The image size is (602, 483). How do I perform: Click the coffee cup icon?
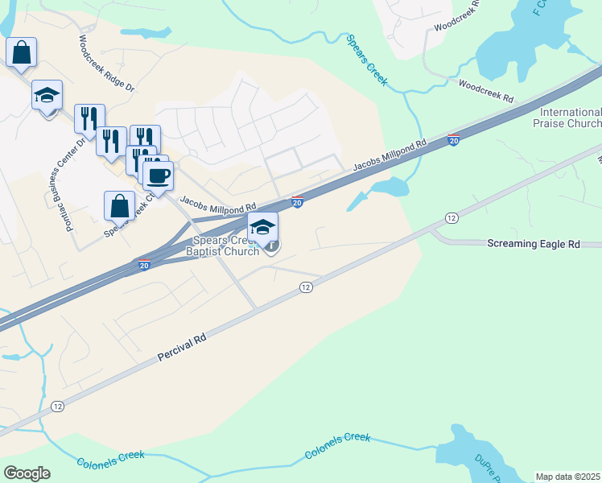pos(159,175)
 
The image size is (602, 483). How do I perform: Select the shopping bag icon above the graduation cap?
pos(21,52)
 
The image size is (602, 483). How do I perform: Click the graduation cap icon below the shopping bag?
pos(47,94)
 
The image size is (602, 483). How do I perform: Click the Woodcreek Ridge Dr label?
pos(106,63)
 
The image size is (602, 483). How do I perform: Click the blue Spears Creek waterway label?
pos(367,60)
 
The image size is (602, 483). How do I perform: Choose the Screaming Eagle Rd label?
pos(534,243)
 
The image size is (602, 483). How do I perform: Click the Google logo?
pos(27,473)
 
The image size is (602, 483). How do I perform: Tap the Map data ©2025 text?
pos(567,477)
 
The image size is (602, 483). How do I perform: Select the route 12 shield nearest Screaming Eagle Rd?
pos(451,218)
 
